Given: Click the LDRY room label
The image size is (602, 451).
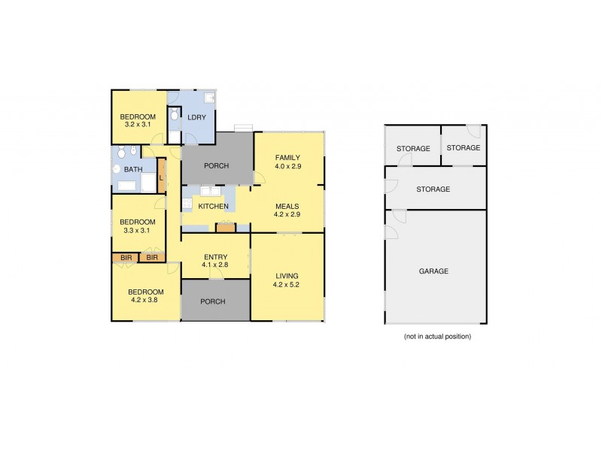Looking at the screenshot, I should tap(196, 117).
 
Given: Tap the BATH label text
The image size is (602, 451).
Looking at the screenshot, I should tap(133, 169).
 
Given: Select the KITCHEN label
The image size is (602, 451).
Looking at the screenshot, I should tap(213, 206).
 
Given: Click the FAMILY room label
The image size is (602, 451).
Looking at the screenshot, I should tap(287, 156).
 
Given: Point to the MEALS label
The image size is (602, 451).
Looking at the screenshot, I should tap(287, 205).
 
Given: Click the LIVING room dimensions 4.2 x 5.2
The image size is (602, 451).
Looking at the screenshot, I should tap(287, 285).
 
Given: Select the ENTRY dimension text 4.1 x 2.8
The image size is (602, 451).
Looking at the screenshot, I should tap(215, 265).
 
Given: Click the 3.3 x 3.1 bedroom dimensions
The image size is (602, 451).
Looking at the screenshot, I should tap(138, 231).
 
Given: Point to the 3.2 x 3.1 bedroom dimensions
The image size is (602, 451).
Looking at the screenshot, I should tap(139, 126).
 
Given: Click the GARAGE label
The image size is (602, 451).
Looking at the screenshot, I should tap(434, 271).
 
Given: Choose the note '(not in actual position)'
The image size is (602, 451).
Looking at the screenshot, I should tap(437, 336).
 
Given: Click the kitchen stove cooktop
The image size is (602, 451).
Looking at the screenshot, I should tap(225, 226).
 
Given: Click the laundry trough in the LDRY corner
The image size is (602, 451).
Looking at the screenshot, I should tap(211, 98).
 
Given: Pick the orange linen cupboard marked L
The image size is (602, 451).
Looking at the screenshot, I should tap(161, 177).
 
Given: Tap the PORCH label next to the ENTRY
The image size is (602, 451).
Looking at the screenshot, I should tap(215, 301).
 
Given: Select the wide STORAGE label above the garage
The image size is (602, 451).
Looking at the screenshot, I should tap(433, 189).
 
